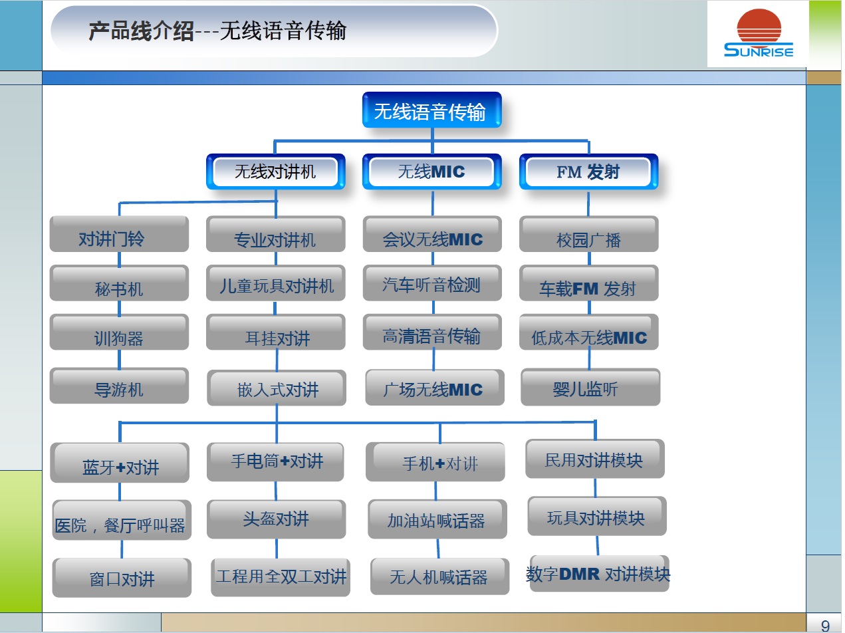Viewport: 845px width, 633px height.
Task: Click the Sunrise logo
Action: click(x=759, y=33)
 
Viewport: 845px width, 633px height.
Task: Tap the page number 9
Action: click(x=825, y=625)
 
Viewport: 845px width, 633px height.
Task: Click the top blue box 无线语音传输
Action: click(x=431, y=110)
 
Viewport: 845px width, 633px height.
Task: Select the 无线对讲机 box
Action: click(x=276, y=172)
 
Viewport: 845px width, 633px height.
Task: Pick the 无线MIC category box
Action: click(x=432, y=172)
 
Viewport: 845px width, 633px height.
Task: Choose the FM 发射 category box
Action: click(x=588, y=172)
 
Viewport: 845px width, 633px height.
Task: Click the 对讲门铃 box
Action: click(x=119, y=233)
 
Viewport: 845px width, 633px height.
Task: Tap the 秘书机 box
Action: click(x=119, y=283)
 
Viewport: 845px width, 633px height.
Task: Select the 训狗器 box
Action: click(x=119, y=332)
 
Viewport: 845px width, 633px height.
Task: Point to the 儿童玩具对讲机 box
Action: click(x=276, y=283)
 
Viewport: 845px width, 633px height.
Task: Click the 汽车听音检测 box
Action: click(x=432, y=283)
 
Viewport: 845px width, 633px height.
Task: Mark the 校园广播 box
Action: click(x=588, y=233)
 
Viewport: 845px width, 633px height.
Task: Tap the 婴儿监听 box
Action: click(x=590, y=387)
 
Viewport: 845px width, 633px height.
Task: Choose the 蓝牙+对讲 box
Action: click(x=120, y=463)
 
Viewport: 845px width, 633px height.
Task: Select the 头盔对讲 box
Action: click(x=276, y=519)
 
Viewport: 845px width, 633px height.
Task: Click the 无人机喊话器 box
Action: click(x=439, y=576)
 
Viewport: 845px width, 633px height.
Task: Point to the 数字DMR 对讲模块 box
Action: click(x=599, y=573)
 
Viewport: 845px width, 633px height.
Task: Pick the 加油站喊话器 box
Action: click(x=437, y=519)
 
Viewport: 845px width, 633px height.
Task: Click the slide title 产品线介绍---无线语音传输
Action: click(x=217, y=31)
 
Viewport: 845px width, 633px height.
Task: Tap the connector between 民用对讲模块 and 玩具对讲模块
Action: click(x=595, y=488)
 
